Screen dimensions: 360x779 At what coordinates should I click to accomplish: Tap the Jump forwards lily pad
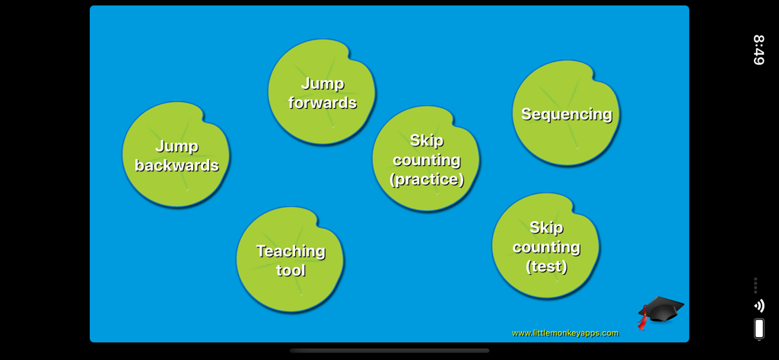(x=322, y=92)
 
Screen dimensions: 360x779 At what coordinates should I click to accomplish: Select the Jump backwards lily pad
(x=176, y=155)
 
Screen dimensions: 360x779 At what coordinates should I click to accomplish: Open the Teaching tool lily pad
(x=290, y=260)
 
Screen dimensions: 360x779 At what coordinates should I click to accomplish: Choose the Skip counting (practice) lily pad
(x=426, y=159)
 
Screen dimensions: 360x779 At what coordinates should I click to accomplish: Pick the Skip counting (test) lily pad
(x=545, y=246)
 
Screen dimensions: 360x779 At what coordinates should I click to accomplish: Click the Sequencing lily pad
(x=566, y=114)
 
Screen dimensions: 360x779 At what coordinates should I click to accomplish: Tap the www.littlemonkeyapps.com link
(x=565, y=333)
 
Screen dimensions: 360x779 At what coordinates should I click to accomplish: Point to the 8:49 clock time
(x=758, y=49)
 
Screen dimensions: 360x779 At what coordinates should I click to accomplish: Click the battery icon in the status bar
(x=758, y=329)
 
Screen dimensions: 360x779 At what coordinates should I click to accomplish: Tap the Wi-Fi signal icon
(x=758, y=306)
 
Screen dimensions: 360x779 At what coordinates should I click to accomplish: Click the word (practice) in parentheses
(x=426, y=180)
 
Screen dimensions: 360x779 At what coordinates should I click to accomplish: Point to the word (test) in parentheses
(x=546, y=266)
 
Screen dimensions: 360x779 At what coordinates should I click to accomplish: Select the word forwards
(x=323, y=103)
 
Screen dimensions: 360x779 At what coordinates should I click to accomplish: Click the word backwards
(x=176, y=165)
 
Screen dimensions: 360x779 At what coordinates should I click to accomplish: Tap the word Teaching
(x=291, y=250)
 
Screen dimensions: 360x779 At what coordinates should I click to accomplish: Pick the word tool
(x=291, y=270)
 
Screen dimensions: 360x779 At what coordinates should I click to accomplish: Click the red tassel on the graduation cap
(x=643, y=320)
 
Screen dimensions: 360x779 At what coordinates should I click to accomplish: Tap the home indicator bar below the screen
(x=389, y=351)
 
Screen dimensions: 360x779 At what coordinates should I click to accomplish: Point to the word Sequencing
(x=567, y=114)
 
